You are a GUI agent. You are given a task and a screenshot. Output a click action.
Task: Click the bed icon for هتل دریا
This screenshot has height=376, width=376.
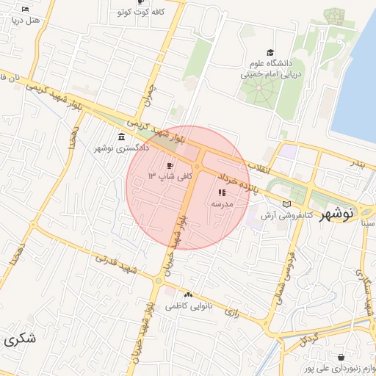(26, 10)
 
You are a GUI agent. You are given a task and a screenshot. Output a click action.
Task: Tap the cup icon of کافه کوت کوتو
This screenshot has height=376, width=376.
(120, 12)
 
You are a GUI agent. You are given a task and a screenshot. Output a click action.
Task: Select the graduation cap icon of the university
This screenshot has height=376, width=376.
(270, 52)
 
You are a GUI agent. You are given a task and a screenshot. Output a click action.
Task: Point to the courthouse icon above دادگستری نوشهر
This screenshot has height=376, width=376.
(121, 137)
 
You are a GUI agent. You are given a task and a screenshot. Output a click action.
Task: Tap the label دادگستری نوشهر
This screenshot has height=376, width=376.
(121, 148)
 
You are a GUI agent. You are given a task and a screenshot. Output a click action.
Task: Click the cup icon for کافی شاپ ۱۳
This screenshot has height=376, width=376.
(172, 166)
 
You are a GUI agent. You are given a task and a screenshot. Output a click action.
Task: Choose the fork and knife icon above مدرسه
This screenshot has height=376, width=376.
(222, 192)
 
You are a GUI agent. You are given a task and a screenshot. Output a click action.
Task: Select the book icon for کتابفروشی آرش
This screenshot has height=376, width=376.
(287, 203)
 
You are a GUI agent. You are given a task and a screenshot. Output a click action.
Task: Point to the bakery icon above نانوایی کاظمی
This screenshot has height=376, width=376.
(189, 294)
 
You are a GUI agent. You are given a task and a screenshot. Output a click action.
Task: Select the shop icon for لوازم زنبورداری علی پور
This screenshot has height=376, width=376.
(341, 358)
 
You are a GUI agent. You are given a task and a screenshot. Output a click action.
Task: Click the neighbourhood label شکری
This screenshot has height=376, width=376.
(19, 339)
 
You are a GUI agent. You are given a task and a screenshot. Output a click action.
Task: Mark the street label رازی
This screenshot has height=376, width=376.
(234, 312)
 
